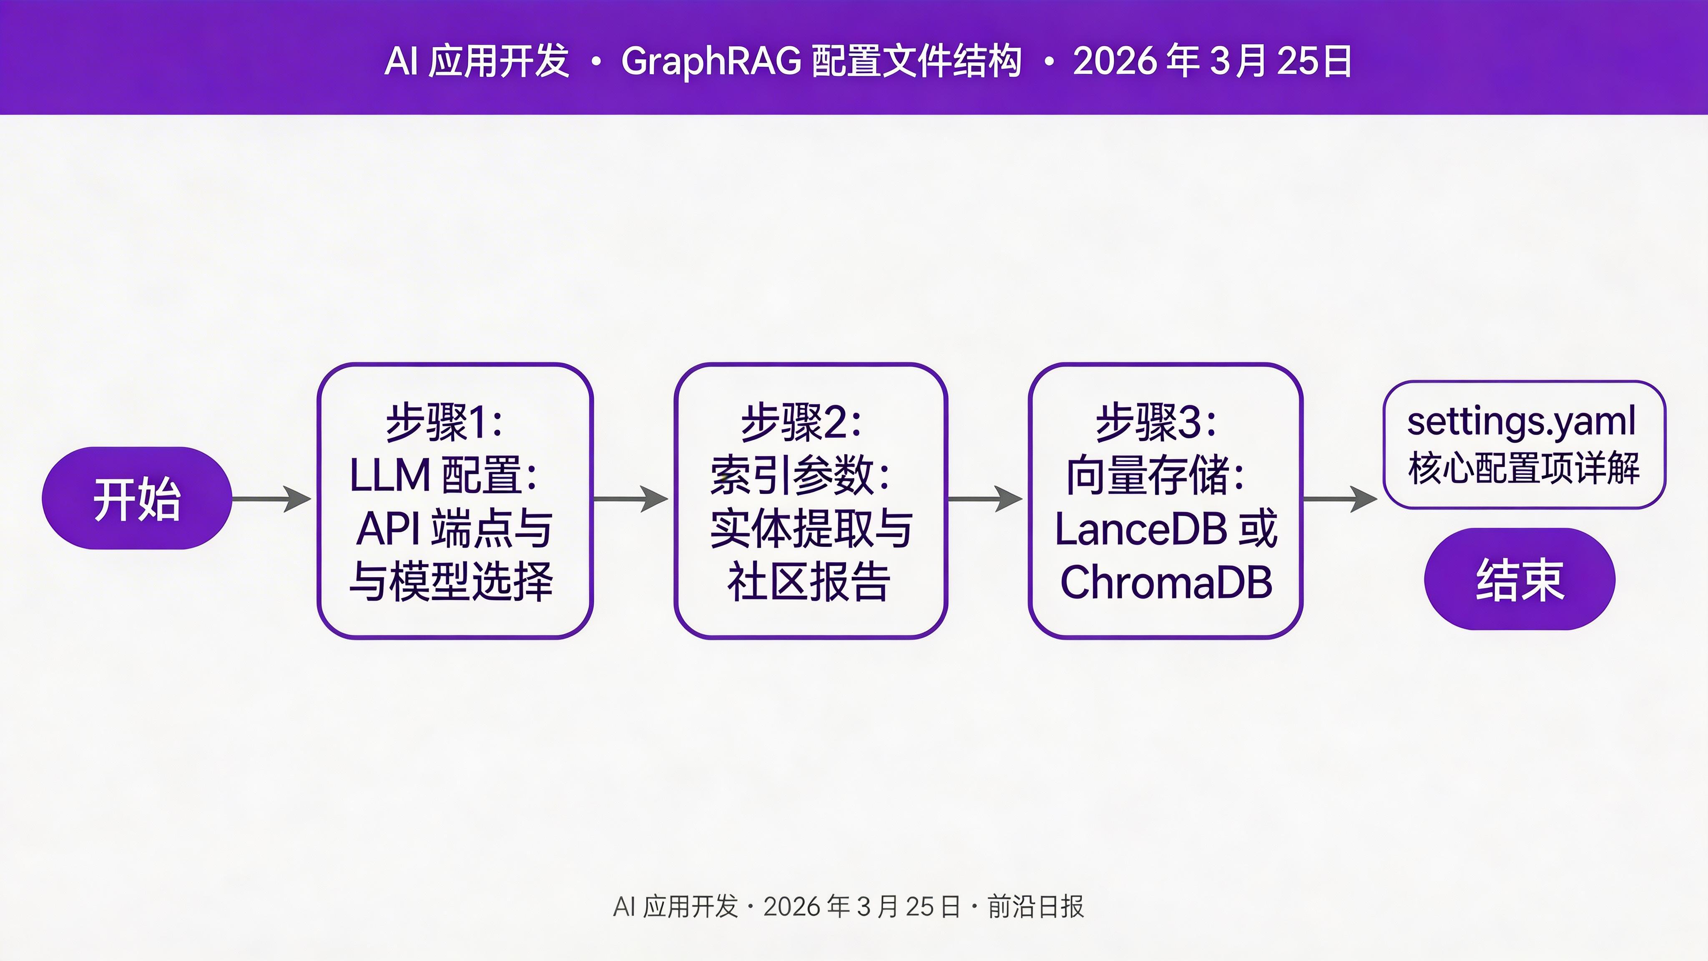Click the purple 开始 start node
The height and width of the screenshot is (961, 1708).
137,498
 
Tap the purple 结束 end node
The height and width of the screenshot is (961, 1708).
1519,579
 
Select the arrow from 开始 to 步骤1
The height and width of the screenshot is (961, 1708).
272,499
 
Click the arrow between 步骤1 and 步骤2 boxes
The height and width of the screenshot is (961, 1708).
630,499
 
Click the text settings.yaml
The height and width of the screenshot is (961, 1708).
1522,421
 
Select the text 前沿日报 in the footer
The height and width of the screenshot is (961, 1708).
1036,907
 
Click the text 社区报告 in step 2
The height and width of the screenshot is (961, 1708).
809,582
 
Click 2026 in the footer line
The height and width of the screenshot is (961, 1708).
791,907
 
